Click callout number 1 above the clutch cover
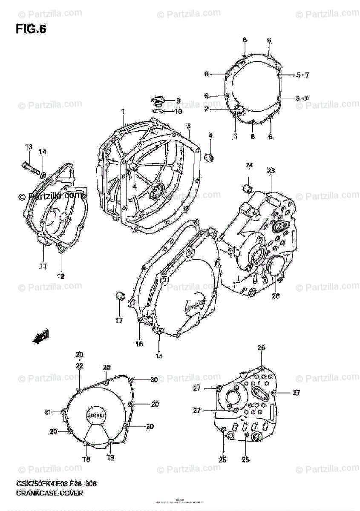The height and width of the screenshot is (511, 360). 123,112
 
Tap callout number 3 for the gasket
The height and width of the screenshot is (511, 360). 188,126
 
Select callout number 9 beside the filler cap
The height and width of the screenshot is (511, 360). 178,101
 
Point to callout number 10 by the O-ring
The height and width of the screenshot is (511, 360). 178,112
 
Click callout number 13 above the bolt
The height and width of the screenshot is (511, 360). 29,147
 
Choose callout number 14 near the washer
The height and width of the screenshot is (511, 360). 43,152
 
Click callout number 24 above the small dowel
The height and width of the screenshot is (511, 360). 249,165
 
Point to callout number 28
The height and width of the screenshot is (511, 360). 276,296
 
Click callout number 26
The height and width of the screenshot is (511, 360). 261,348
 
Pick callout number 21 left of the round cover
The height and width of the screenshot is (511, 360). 48,412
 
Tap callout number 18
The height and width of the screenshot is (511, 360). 86,459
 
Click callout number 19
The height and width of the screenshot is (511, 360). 111,458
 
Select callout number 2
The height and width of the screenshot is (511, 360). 206,109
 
